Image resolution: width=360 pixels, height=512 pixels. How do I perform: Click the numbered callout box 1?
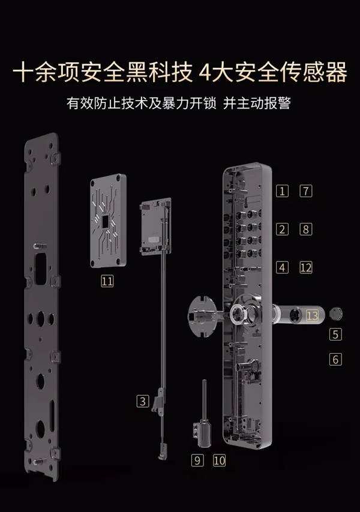pyautogui.click(x=283, y=191)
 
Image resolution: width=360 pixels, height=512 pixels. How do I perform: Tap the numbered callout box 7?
pyautogui.click(x=306, y=191)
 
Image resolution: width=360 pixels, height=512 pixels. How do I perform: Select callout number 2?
pyautogui.click(x=283, y=229)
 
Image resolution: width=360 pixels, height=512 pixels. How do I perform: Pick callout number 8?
pyautogui.click(x=306, y=229)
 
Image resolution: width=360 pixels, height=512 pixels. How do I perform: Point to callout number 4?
pyautogui.click(x=283, y=267)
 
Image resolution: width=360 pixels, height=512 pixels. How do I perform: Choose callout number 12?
pyautogui.click(x=306, y=267)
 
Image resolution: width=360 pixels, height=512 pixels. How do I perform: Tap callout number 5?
pyautogui.click(x=335, y=335)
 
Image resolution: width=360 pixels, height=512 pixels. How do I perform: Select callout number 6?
pyautogui.click(x=335, y=359)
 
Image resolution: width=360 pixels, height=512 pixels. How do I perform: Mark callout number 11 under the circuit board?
pyautogui.click(x=107, y=280)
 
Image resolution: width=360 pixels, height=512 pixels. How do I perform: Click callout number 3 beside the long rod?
pyautogui.click(x=142, y=400)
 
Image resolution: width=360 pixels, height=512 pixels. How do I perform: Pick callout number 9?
pyautogui.click(x=198, y=460)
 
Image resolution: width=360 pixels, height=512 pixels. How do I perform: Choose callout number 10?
pyautogui.click(x=219, y=460)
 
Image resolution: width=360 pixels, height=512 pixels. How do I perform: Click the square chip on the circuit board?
pyautogui.click(x=106, y=221)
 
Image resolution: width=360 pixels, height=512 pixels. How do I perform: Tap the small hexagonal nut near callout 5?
pyautogui.click(x=336, y=314)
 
